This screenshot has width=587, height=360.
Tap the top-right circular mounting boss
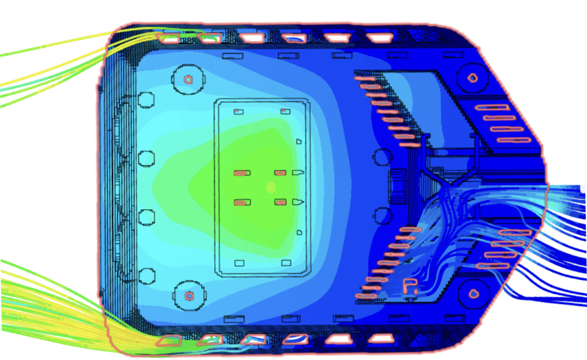472,78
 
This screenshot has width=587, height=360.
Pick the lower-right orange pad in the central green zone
280,202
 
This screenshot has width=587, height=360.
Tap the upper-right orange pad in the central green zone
280,173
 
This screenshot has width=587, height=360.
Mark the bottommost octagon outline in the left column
146,276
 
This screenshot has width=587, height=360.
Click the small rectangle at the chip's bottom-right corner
284,263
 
